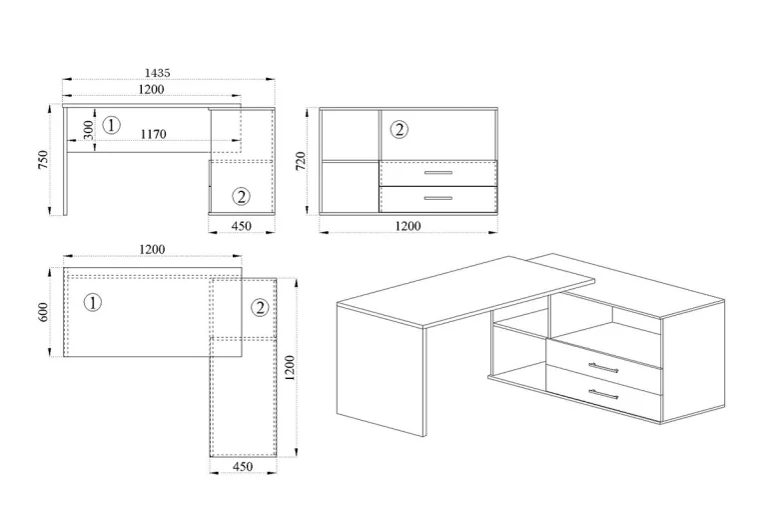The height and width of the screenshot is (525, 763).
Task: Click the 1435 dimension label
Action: pyautogui.click(x=158, y=73)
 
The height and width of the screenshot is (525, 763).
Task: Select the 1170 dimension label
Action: pyautogui.click(x=154, y=134)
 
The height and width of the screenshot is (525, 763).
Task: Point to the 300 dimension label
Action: pyautogui.click(x=89, y=130)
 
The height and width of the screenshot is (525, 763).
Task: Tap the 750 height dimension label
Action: pyautogui.click(x=43, y=160)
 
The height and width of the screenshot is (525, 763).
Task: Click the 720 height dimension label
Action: pyautogui.click(x=301, y=161)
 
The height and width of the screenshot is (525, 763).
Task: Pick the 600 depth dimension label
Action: pyautogui.click(x=43, y=312)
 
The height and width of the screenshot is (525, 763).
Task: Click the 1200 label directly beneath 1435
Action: pyautogui.click(x=152, y=90)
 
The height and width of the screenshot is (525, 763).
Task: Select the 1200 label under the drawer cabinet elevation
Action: pyautogui.click(x=407, y=226)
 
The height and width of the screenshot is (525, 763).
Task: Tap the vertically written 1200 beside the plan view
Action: pyautogui.click(x=290, y=368)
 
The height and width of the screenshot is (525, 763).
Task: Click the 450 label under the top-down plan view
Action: pyautogui.click(x=243, y=467)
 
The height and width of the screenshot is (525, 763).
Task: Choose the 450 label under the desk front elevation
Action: pyautogui.click(x=242, y=226)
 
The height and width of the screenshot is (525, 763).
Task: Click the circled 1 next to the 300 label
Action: pyautogui.click(x=112, y=125)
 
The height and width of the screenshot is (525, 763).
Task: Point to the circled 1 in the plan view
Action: pyautogui.click(x=93, y=302)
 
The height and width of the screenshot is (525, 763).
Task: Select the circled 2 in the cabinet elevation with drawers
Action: pyautogui.click(x=399, y=130)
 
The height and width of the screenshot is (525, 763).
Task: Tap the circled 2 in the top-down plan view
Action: pyautogui.click(x=260, y=308)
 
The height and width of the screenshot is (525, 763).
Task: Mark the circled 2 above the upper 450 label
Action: pyautogui.click(x=241, y=196)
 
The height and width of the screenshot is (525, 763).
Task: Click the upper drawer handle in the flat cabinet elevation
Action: pyautogui.click(x=438, y=173)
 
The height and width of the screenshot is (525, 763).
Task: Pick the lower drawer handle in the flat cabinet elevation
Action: pyautogui.click(x=438, y=198)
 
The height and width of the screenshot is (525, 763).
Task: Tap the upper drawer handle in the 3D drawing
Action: pyautogui.click(x=603, y=368)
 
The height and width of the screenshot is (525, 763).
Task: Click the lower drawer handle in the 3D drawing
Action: pyautogui.click(x=603, y=394)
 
